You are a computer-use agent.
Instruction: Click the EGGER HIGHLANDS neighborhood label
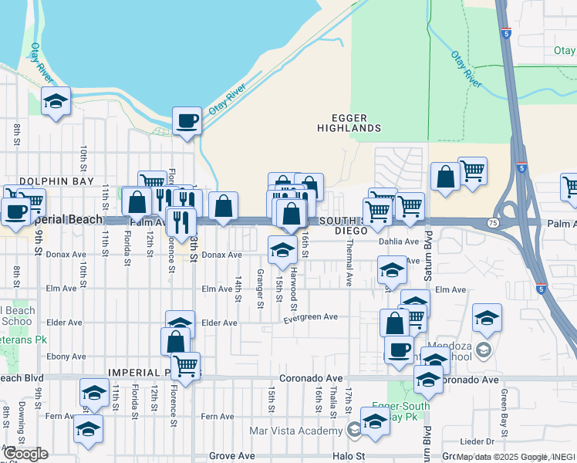pos(351,122)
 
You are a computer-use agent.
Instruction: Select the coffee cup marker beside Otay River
pos(187,121)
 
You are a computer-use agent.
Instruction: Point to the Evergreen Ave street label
pos(311,317)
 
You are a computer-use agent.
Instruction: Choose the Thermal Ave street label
pos(349,272)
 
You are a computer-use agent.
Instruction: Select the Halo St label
pos(347,457)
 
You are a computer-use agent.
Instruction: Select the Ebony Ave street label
pos(66,357)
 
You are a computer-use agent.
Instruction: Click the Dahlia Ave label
pos(398,241)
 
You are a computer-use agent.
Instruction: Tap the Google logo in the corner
pos(25,454)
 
